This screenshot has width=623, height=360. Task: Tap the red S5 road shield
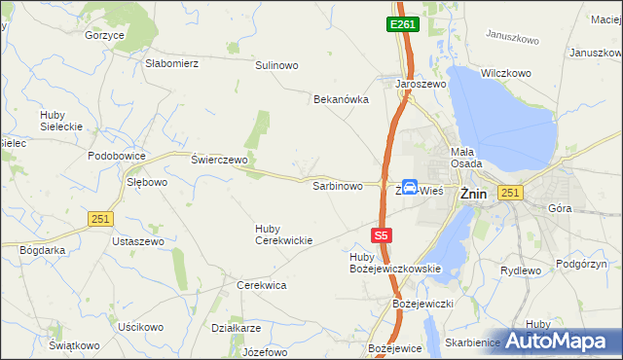pyautogui.click(x=383, y=235)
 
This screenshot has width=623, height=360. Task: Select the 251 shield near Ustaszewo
pyautogui.click(x=99, y=219)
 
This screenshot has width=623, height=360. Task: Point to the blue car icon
pyautogui.click(x=411, y=187)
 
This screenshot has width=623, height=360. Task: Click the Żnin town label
pyautogui.click(x=473, y=192)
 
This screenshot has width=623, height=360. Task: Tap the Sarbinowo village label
pyautogui.click(x=337, y=185)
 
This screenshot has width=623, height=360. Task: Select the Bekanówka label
pyautogui.click(x=341, y=99)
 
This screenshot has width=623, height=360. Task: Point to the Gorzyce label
pyautogui.click(x=104, y=35)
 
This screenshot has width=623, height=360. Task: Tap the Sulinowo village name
pyautogui.click(x=276, y=65)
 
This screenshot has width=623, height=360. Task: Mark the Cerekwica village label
pyautogui.click(x=261, y=285)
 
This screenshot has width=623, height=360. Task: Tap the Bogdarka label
pyautogui.click(x=42, y=249)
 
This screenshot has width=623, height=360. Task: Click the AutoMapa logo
pyautogui.click(x=559, y=341)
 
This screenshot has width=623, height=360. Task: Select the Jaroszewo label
pyautogui.click(x=420, y=85)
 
